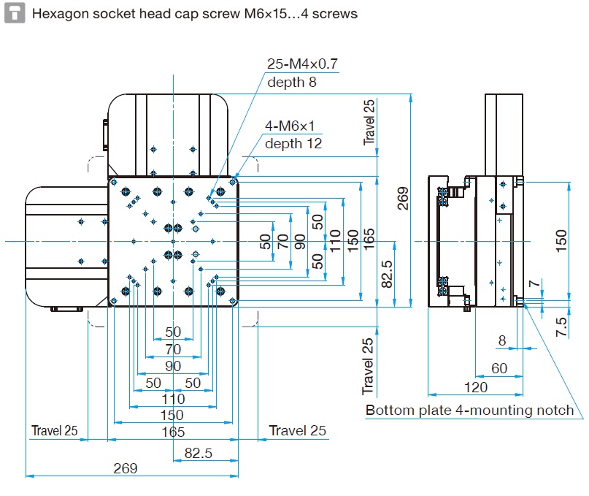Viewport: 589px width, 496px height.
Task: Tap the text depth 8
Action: tap(292, 82)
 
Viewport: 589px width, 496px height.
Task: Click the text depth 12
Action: tap(293, 144)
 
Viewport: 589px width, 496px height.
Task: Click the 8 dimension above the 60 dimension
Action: tap(501, 340)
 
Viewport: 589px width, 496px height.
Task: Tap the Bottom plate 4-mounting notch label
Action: tap(469, 410)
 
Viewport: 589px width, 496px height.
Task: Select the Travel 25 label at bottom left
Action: tap(54, 431)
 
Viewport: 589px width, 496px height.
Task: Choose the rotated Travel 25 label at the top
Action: tap(370, 122)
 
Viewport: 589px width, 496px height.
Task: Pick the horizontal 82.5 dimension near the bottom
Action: tap(198, 454)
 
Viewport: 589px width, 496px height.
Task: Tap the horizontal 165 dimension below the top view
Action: tap(173, 432)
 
